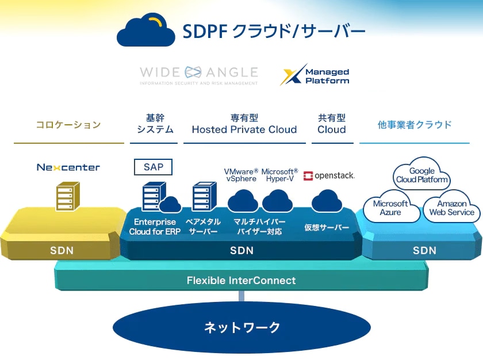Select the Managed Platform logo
point(315,75)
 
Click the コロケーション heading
point(68,124)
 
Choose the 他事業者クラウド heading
point(415,124)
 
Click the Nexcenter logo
point(68,167)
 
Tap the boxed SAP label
point(153,167)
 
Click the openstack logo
point(329,175)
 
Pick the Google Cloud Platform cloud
point(421,175)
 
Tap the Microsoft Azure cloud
point(390,208)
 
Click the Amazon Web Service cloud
point(452,208)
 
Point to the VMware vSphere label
point(241,175)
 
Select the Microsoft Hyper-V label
point(280,175)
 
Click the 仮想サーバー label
point(327,227)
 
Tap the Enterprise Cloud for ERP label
point(155,227)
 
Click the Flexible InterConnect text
point(241,281)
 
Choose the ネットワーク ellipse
point(241,328)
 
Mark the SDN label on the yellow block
point(62,250)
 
